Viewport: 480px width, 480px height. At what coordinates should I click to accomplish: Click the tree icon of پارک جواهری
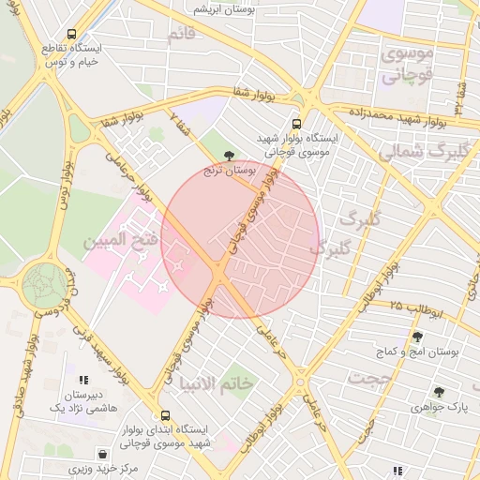click(438, 392)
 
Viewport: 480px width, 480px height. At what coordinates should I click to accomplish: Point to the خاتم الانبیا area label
click(215, 383)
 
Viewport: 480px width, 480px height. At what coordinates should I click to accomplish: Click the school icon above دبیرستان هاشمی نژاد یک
click(83, 380)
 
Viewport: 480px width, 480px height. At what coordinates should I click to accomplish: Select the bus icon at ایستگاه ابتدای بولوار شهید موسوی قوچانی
click(165, 414)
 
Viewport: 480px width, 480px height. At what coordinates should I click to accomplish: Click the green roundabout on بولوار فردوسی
click(44, 282)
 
